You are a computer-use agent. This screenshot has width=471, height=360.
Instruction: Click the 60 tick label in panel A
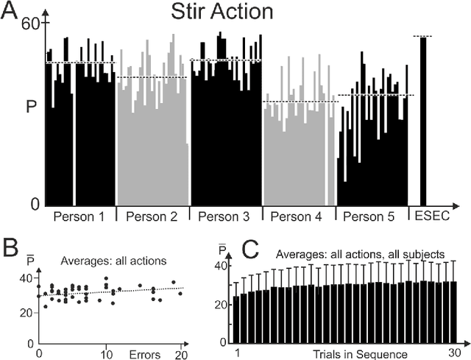(29, 23)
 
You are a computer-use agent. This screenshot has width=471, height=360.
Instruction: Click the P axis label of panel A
(29, 107)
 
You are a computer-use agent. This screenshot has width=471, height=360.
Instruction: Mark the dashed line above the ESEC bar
(423, 35)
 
